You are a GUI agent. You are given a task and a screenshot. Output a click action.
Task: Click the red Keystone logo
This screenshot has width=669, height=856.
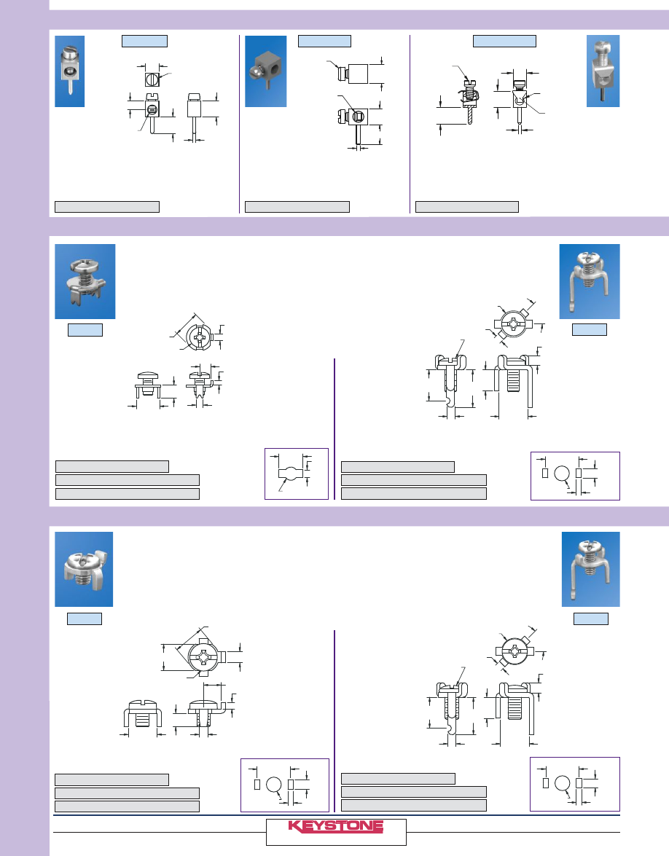pos(335,827)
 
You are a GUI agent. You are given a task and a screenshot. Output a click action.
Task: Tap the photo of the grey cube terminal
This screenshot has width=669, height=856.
pos(265,71)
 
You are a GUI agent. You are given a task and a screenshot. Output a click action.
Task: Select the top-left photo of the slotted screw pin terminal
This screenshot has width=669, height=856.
pos(69,71)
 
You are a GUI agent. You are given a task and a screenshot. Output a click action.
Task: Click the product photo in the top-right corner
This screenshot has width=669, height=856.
pos(603,71)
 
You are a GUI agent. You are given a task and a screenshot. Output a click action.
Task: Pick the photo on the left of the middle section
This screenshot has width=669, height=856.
pos(85,281)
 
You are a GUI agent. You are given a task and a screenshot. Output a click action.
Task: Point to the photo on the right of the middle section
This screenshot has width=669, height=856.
pos(590,281)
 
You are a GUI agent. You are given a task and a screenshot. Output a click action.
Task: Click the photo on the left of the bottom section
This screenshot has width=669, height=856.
pos(84,569)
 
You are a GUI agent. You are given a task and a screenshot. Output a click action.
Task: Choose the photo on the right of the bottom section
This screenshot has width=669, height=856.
pos(591,569)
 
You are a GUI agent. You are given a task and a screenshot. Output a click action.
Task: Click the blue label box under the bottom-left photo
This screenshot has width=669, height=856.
pos(84,619)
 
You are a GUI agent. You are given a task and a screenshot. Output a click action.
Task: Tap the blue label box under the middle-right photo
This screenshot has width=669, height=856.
pos(590,330)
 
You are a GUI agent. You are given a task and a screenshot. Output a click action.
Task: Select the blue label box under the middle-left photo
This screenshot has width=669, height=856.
pos(85,330)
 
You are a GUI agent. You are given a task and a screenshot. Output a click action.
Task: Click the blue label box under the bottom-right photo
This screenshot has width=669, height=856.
pos(591,619)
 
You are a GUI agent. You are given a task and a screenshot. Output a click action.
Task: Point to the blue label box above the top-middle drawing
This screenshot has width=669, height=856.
pos(324,41)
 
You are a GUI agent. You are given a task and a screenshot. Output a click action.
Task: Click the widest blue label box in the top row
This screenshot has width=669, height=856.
pos(504,41)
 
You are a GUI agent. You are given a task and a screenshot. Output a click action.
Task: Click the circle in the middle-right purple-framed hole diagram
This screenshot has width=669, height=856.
pos(562,474)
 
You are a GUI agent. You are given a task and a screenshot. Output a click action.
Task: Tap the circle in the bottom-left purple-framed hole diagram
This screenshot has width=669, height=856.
pos(273,785)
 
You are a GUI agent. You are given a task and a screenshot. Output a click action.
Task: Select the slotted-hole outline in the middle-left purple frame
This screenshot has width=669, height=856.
pos(294,473)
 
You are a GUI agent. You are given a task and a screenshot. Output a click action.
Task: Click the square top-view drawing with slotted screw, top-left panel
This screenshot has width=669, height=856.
pos(152,79)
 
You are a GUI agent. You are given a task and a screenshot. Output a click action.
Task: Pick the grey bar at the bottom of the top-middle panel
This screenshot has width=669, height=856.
pos(297,206)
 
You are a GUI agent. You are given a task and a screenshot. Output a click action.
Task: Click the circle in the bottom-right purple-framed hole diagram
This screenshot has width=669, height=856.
pos(563,783)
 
